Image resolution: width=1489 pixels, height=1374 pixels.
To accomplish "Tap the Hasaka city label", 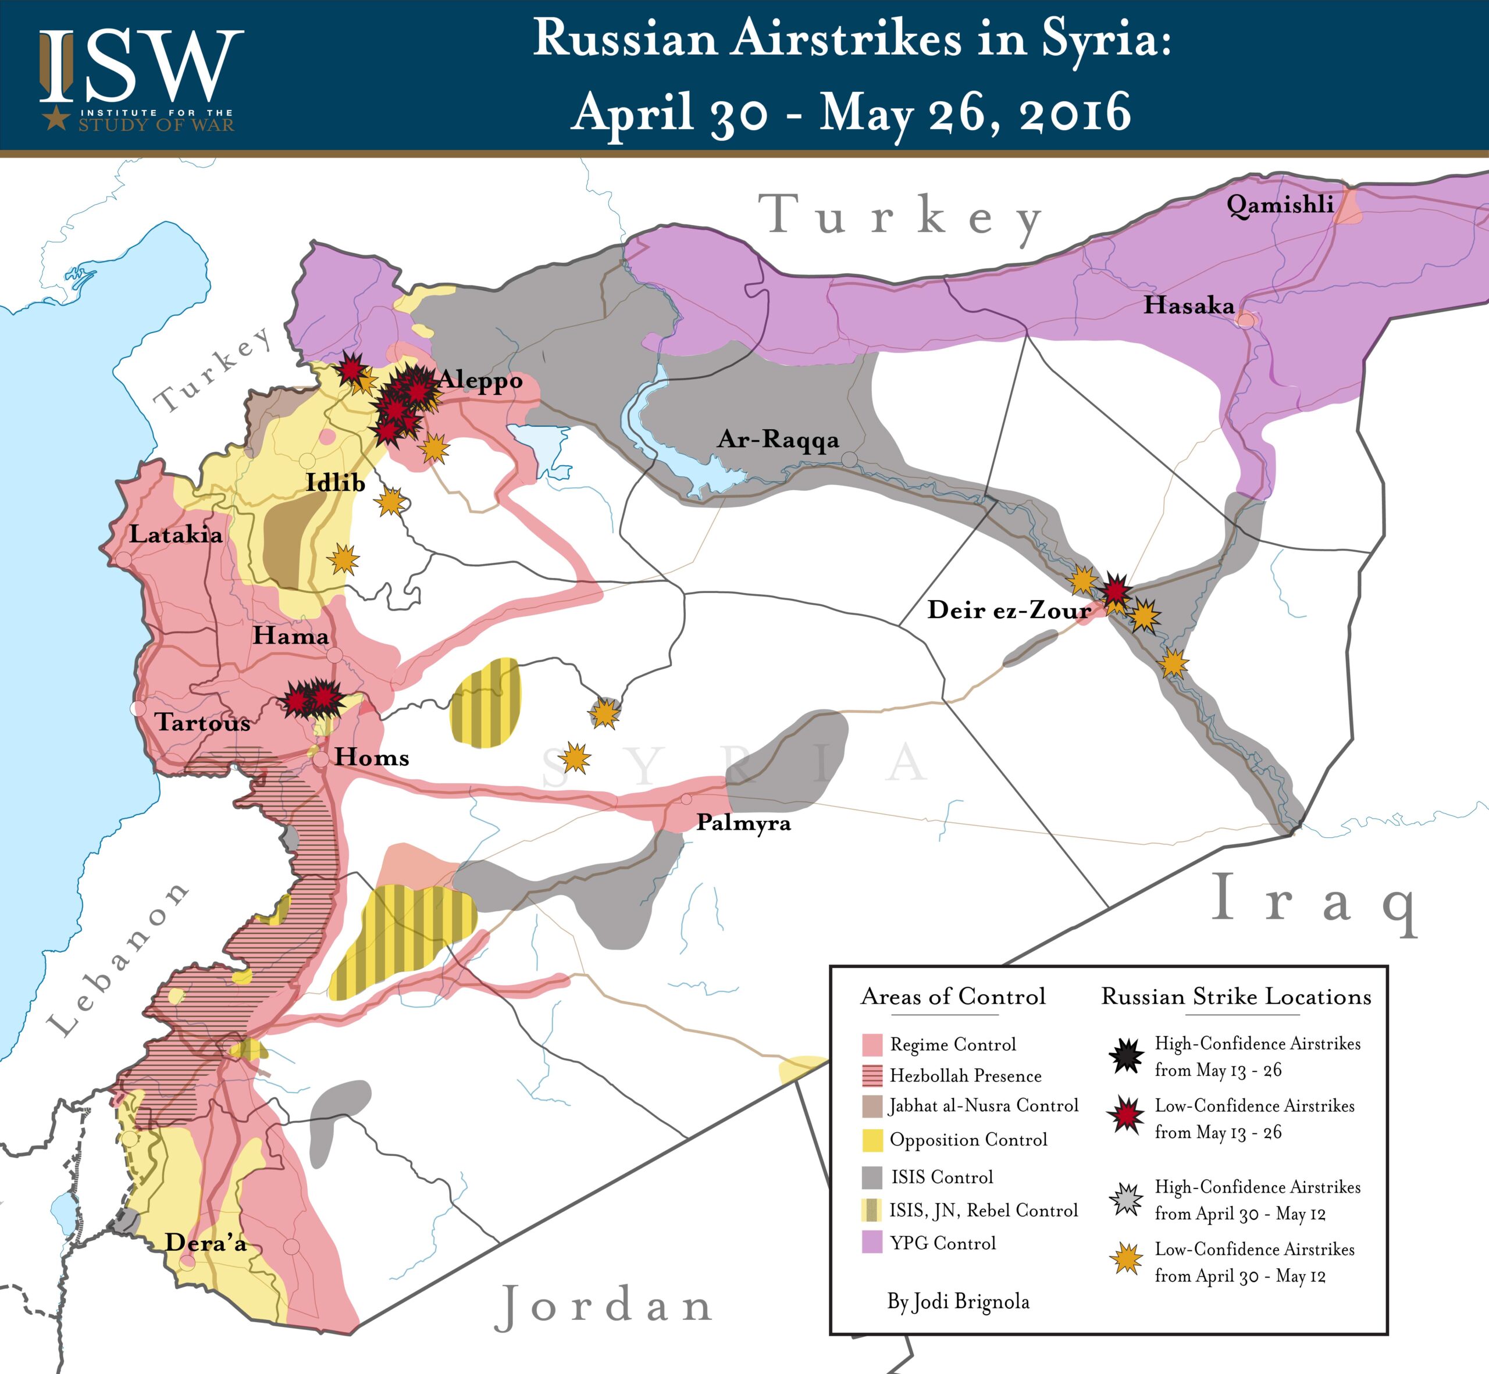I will tap(1188, 305).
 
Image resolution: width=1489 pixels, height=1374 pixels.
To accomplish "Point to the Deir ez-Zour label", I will tap(1009, 610).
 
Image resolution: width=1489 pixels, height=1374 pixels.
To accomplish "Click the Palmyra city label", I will tap(743, 823).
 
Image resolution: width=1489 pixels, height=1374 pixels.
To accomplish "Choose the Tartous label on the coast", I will tap(202, 722).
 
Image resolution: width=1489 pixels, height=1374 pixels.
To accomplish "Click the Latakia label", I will tap(176, 534).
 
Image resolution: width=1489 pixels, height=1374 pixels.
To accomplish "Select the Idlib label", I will tap(336, 483).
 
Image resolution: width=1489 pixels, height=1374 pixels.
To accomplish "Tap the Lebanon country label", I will tap(119, 959).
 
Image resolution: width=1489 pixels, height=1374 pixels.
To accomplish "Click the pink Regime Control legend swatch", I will tap(872, 1045).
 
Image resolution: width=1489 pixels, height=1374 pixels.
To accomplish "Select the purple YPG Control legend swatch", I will tap(872, 1243).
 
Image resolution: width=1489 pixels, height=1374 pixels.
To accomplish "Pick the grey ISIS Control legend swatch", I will tap(872, 1177).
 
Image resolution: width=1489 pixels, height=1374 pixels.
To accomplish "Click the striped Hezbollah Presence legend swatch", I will tap(872, 1076).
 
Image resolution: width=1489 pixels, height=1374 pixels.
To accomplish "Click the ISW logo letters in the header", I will tap(141, 67).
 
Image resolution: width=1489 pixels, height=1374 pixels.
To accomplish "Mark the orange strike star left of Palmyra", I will tap(575, 758).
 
